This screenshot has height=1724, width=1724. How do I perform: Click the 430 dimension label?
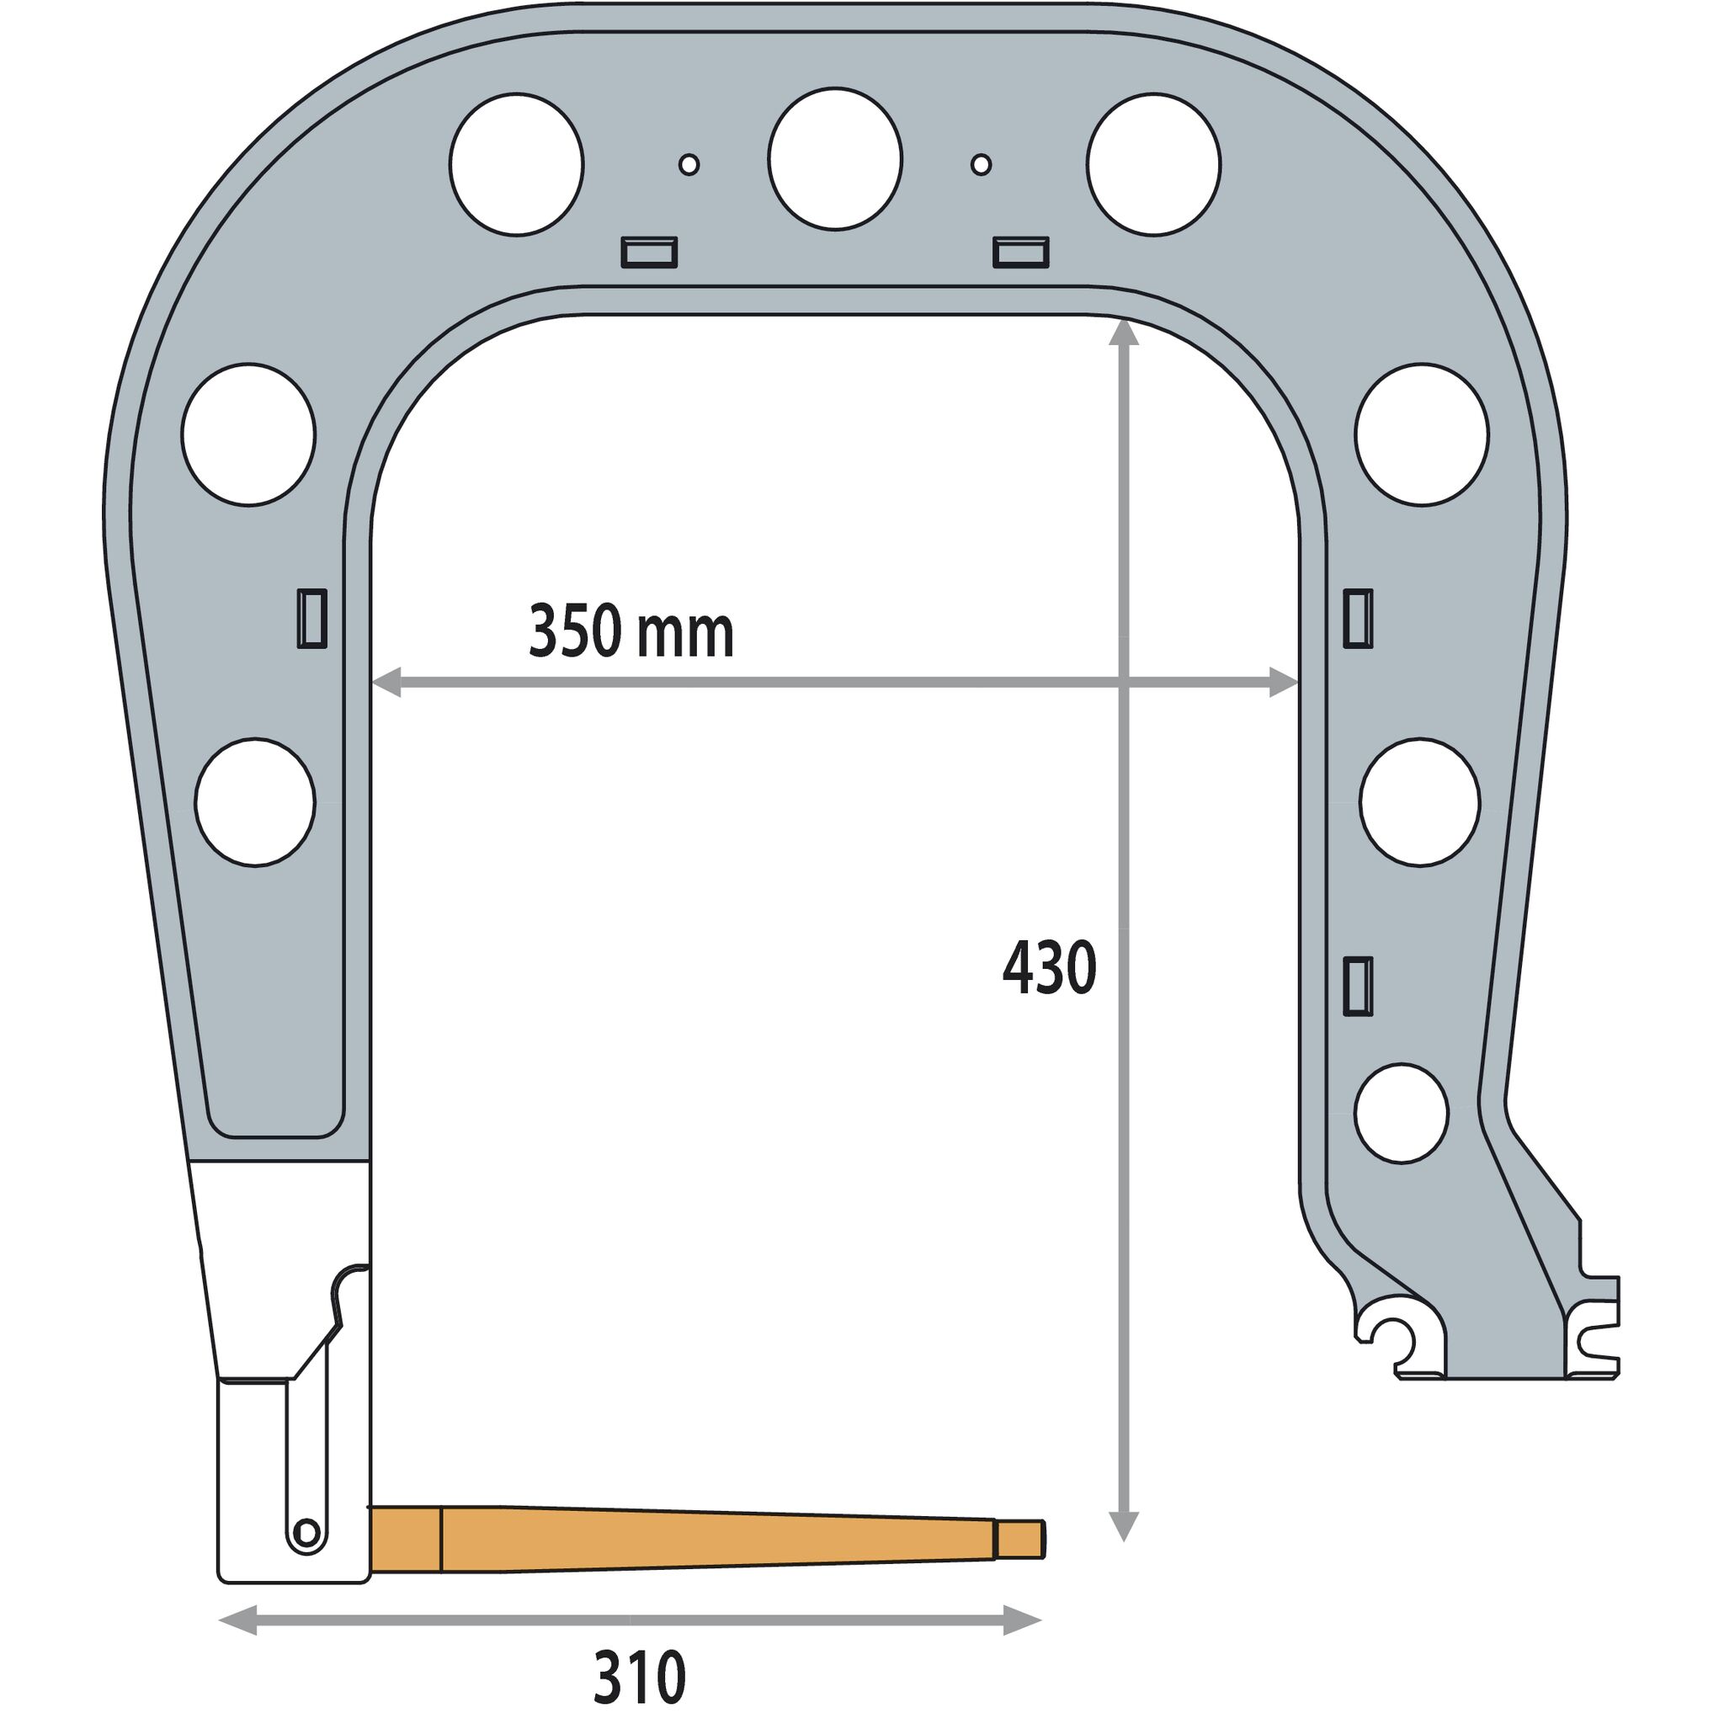[1049, 968]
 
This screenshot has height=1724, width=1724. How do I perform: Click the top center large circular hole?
[835, 160]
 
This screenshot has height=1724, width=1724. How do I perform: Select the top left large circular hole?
[517, 164]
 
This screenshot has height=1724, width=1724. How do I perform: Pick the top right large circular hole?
[1154, 165]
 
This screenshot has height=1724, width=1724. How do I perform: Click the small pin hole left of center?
[689, 164]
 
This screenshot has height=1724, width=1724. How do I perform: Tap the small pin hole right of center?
[981, 164]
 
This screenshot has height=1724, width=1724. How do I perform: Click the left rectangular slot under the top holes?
[649, 253]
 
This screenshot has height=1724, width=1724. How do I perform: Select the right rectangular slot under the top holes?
[1021, 253]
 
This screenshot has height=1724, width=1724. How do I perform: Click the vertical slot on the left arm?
[311, 618]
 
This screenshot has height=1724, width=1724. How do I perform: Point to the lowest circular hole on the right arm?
[1401, 1113]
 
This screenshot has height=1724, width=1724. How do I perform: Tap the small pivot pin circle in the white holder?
[306, 1532]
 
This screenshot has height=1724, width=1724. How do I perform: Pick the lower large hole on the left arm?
[255, 802]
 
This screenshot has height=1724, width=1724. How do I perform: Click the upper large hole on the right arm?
[1422, 434]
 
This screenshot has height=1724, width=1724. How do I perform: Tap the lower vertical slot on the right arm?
[1357, 986]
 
